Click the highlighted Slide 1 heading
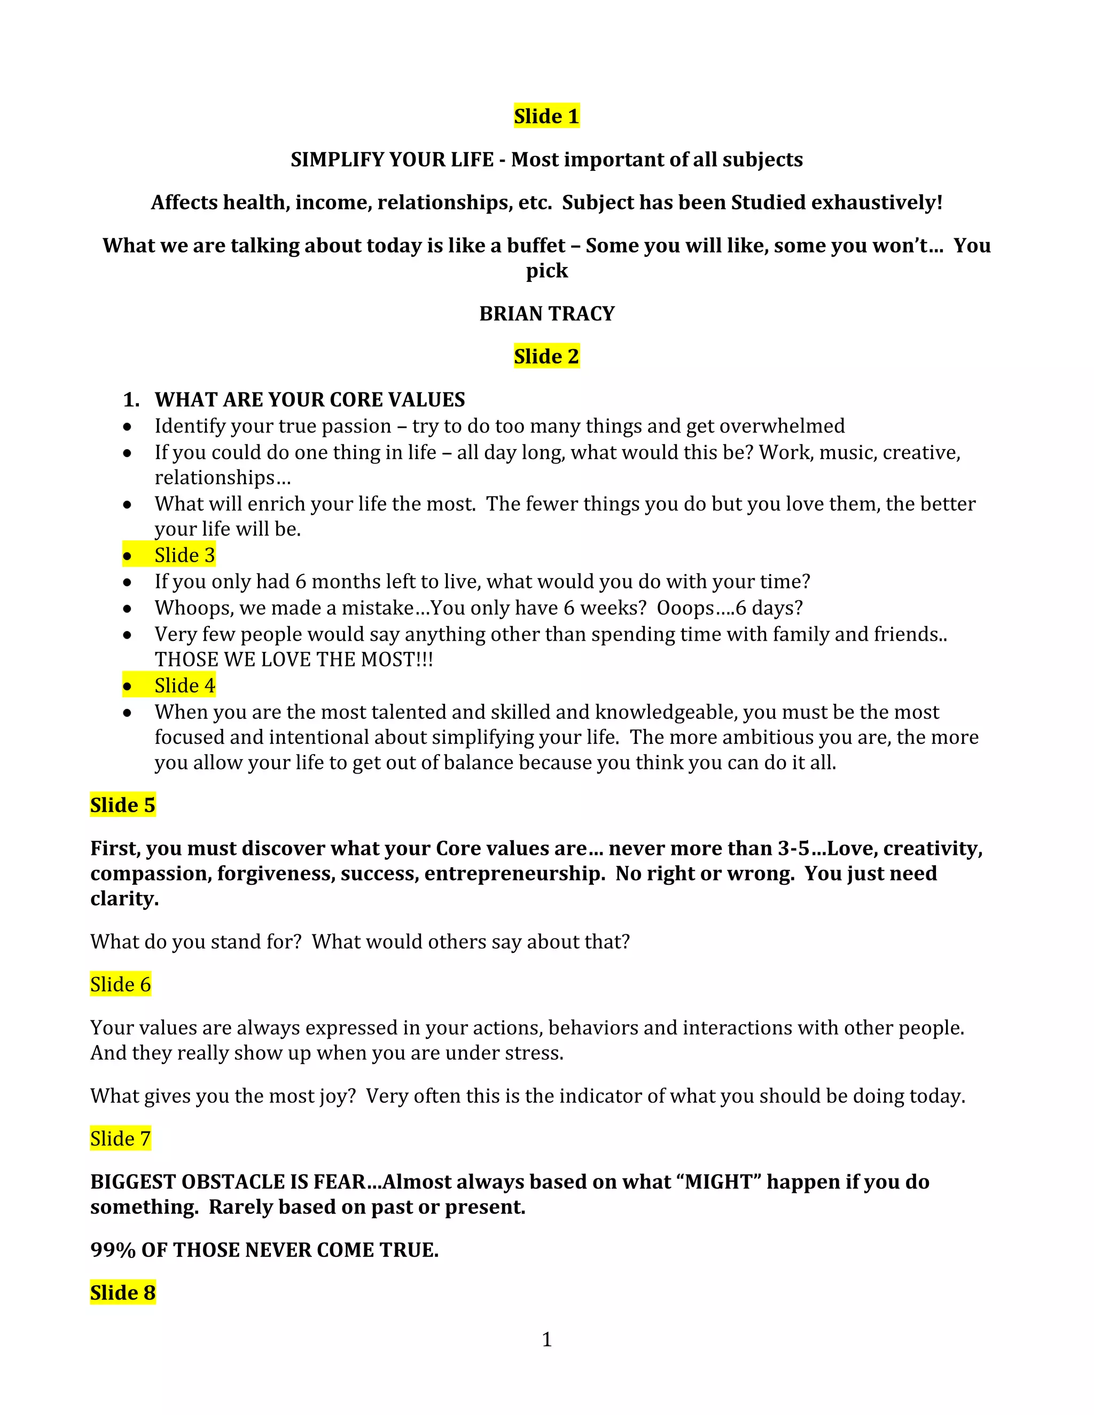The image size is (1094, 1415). click(546, 116)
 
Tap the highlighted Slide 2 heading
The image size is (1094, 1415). click(546, 356)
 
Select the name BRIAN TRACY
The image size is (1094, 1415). click(546, 313)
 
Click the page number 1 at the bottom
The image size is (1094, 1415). click(546, 1339)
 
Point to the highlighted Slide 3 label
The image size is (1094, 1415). click(185, 555)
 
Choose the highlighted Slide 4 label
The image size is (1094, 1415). click(185, 686)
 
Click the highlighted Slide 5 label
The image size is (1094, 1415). click(122, 805)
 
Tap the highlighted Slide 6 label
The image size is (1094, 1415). click(121, 985)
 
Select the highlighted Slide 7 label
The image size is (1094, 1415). click(121, 1138)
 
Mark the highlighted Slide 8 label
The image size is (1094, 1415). click(122, 1293)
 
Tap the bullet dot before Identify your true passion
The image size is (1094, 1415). click(127, 427)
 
